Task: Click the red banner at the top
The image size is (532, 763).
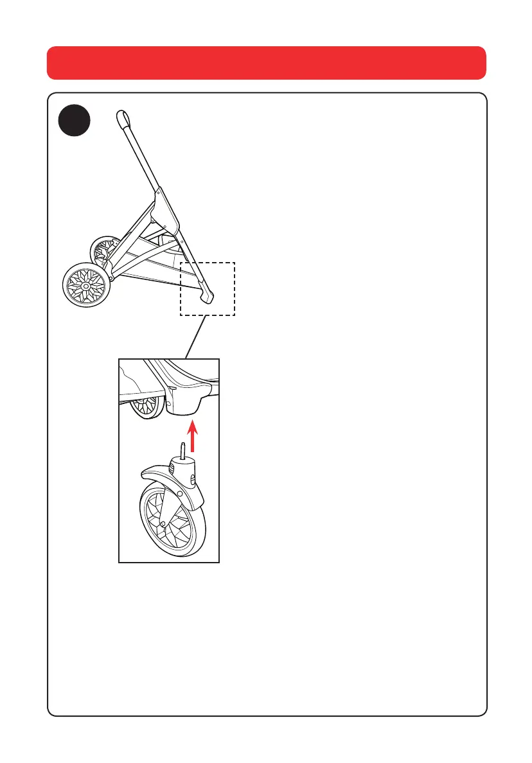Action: coord(266,62)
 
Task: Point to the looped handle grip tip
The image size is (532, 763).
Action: coord(123,118)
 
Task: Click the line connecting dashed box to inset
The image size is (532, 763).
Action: coord(195,337)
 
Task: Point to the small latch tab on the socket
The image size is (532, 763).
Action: coord(172,389)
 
